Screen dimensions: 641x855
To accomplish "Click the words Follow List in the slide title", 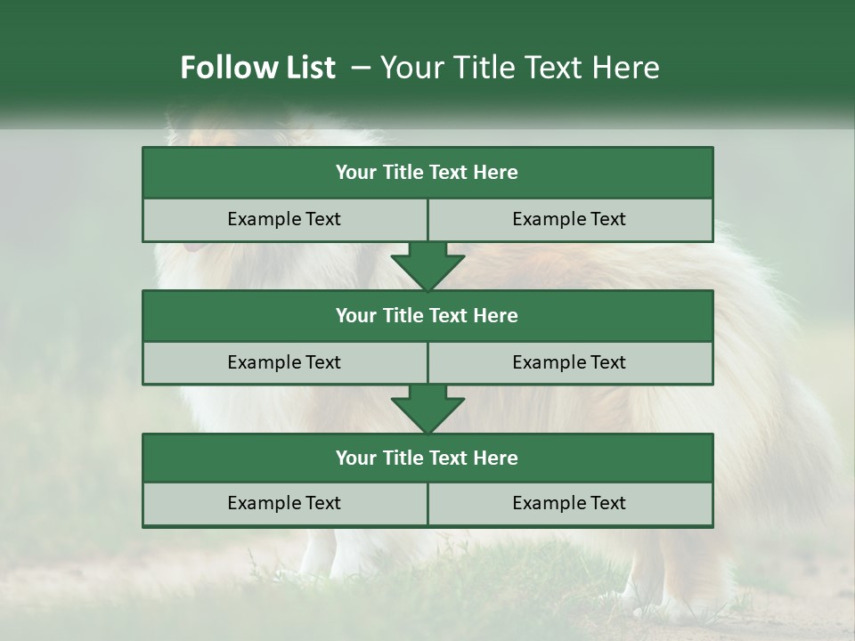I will point(257,68).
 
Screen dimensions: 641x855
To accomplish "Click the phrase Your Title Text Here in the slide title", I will point(519,68).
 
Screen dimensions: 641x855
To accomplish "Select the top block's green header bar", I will point(427,173).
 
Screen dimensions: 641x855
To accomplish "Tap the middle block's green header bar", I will point(427,315).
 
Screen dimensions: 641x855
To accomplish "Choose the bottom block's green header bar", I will point(427,458).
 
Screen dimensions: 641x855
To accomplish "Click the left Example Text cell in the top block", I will point(284,219).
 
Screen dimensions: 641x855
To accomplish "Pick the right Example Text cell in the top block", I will point(569,219).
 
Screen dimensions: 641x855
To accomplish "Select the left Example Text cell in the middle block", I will point(284,362).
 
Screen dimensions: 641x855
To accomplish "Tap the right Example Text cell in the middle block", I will point(569,362).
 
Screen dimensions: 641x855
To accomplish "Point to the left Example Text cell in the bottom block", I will point(284,503).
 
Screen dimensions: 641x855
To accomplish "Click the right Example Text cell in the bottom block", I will point(569,503).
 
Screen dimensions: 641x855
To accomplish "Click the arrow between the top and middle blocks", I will point(427,265).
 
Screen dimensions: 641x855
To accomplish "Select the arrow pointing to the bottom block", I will point(427,408).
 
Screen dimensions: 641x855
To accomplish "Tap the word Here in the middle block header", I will point(496,315).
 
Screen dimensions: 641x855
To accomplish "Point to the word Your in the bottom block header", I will point(355,458).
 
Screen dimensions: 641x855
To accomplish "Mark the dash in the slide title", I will point(361,68).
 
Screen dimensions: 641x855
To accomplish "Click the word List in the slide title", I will point(312,68).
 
